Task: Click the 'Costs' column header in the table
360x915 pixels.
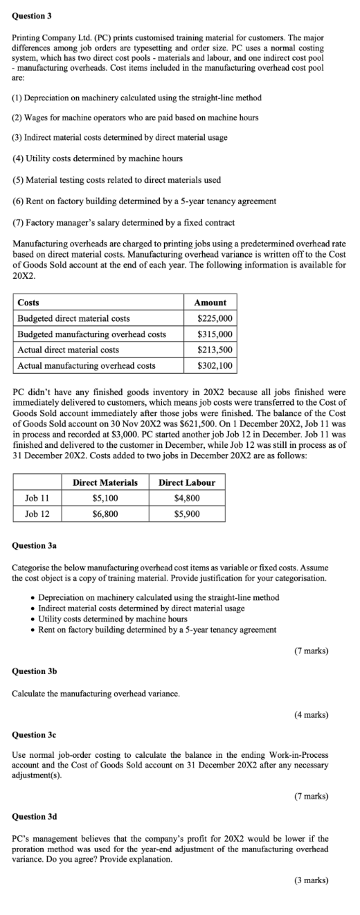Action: point(28,302)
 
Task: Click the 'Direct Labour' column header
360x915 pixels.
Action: point(187,482)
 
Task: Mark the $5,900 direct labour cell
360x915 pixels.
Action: point(187,514)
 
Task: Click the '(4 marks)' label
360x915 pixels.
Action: point(311,714)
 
